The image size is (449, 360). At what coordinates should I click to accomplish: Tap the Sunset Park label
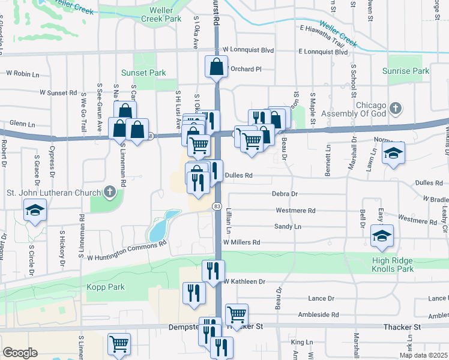[143, 73]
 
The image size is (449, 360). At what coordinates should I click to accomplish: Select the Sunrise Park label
[406, 71]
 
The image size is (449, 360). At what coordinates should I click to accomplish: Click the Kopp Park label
[106, 287]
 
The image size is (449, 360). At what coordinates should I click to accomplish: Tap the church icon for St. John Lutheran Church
[109, 192]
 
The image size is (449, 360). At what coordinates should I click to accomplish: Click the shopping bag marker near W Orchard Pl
[216, 67]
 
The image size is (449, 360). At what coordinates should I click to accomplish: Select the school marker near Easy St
[381, 236]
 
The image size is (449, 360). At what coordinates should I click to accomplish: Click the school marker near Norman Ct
[394, 153]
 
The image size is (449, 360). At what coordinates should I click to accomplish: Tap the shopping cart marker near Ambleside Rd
[237, 314]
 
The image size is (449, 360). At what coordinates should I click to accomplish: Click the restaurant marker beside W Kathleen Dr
[213, 271]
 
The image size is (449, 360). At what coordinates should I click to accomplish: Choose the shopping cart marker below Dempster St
[119, 344]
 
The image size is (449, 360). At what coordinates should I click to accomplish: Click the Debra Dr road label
[285, 194]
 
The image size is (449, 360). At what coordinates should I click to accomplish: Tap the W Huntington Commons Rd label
[126, 251]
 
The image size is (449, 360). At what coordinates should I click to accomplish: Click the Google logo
[20, 353]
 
